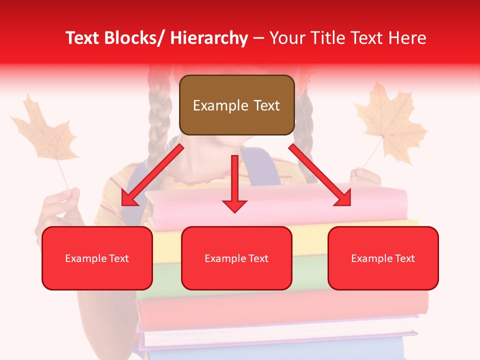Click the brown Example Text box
[236, 105]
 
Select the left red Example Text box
[97, 258]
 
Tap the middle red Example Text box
[236, 258]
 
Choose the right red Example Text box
[383, 258]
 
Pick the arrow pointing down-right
[320, 175]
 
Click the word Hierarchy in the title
[209, 38]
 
